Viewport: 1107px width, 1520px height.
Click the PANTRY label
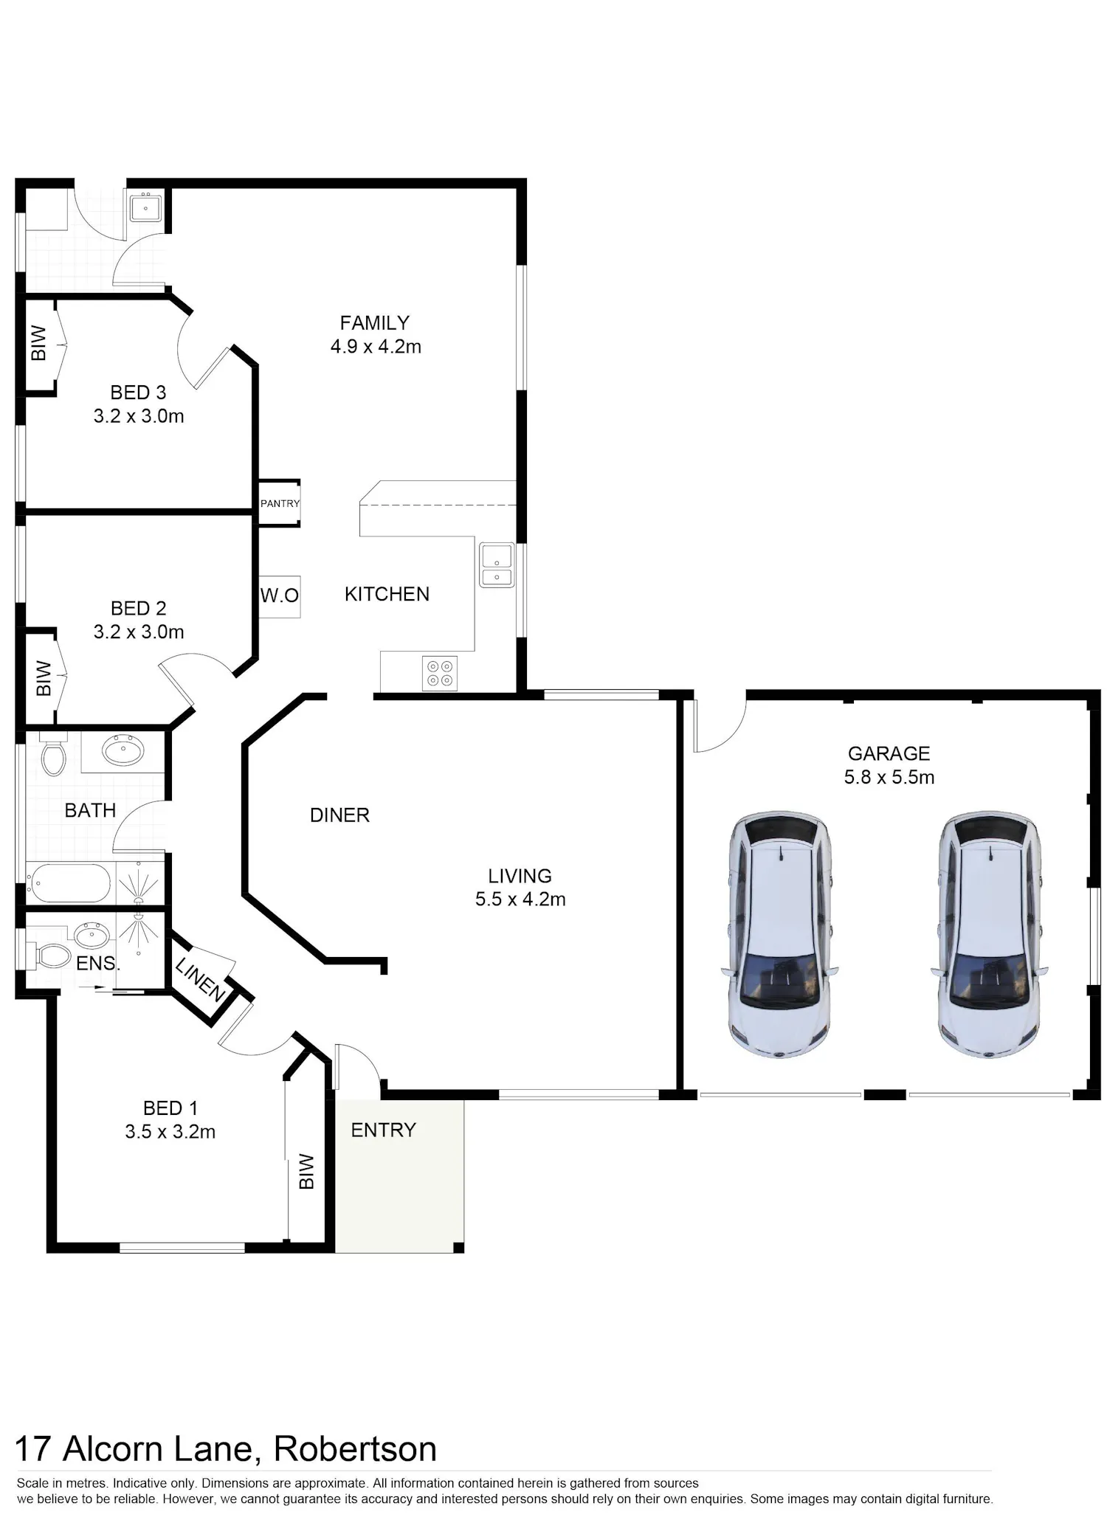280,504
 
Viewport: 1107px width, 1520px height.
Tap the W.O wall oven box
280,596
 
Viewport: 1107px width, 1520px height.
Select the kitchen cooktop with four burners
440,673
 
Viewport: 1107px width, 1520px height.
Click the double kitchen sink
497,565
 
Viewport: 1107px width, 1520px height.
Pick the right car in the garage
990,936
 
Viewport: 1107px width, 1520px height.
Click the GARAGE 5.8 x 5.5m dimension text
889,765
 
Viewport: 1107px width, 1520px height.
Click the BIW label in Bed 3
39,343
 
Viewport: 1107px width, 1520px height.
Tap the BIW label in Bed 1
306,1172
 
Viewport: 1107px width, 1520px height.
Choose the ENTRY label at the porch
383,1130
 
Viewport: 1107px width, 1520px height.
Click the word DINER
339,815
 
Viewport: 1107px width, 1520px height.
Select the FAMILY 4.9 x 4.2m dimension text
376,334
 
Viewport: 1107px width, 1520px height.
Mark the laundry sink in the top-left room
146,207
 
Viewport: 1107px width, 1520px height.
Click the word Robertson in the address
355,1448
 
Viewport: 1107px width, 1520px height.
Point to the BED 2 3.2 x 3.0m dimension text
139,620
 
